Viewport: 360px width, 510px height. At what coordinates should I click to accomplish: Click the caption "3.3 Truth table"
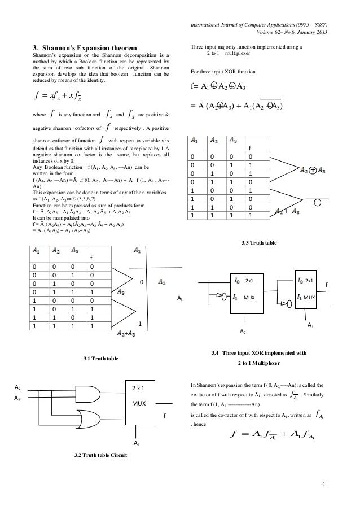pyautogui.click(x=259, y=242)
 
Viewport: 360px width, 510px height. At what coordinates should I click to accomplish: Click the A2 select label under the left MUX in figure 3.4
pyautogui.click(x=243, y=330)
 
